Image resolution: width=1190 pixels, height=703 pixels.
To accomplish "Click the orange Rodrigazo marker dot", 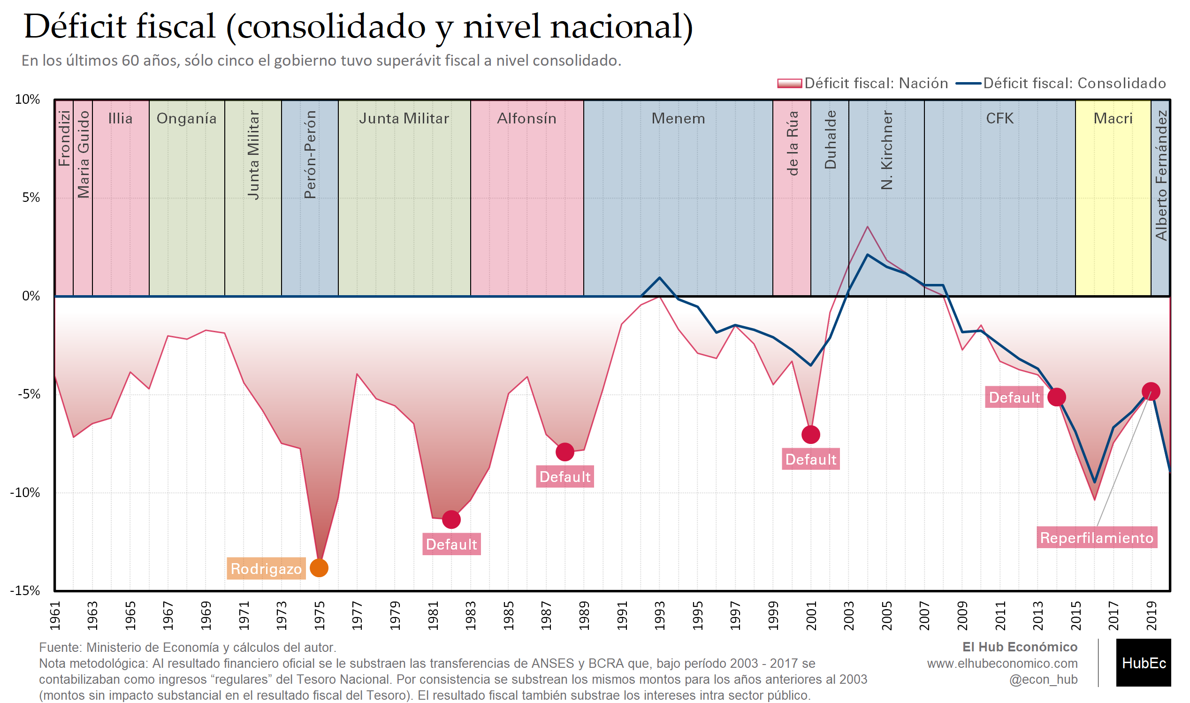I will coord(319,568).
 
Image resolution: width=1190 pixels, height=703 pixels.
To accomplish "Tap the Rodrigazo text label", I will coord(266,568).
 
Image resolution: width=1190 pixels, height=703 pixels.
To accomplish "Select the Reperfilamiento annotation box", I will coord(1097,538).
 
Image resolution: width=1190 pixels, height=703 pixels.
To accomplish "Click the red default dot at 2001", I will coord(811,435).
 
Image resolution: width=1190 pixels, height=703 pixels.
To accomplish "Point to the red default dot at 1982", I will coord(451,520).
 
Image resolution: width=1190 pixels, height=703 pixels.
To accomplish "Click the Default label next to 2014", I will coord(1015,397).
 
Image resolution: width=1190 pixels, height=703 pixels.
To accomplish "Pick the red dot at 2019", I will coord(1151,392).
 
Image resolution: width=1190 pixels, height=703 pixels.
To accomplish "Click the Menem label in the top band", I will coord(678,118).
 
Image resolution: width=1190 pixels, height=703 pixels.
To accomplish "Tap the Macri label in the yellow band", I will coord(1113,118).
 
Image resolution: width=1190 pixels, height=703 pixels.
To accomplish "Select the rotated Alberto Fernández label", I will coord(1161,175).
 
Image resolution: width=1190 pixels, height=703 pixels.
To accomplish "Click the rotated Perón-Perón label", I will coord(310,154).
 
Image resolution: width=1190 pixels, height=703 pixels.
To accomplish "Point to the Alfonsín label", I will coord(526,118).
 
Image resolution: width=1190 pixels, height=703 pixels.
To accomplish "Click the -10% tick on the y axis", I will coord(25,493).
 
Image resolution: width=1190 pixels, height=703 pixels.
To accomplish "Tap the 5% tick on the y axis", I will coord(31,198).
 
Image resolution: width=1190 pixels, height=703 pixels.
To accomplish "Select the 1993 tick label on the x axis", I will coord(660,616).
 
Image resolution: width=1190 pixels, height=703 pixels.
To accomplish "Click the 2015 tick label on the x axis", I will coord(1076,616).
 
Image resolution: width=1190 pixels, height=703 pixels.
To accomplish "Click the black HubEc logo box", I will coord(1143,663).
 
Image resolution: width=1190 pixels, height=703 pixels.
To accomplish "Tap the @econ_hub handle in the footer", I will coord(1043,680).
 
